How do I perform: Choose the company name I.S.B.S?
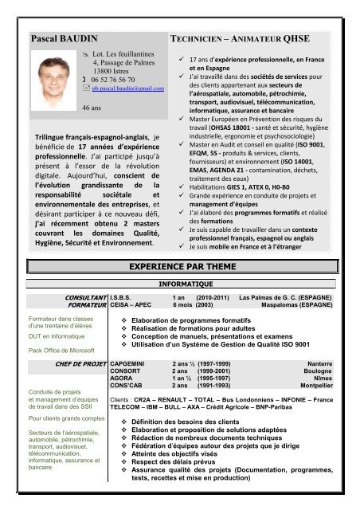(x=122, y=296)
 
